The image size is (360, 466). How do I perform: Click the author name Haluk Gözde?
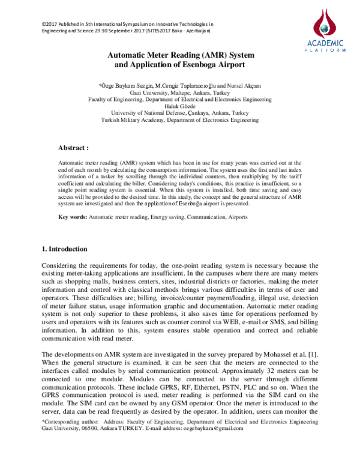(x=180, y=106)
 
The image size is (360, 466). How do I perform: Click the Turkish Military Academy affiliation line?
(x=180, y=120)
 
